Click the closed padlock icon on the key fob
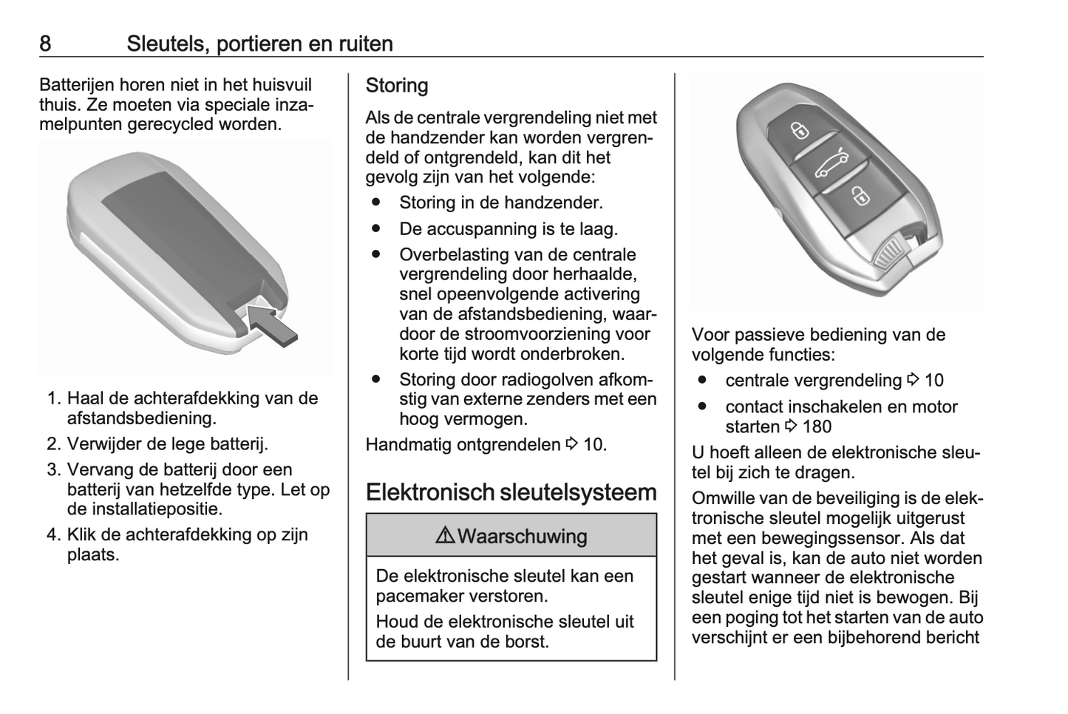coord(800,132)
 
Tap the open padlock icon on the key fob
coord(861,196)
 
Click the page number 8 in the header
coord(45,44)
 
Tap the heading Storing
coord(397,86)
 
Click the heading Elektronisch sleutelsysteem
coord(511,492)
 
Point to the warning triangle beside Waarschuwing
coord(445,536)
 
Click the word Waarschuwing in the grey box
coord(523,536)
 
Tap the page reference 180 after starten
coord(817,426)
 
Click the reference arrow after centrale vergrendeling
coord(913,380)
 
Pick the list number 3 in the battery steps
coord(53,469)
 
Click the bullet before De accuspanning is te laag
coord(376,228)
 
